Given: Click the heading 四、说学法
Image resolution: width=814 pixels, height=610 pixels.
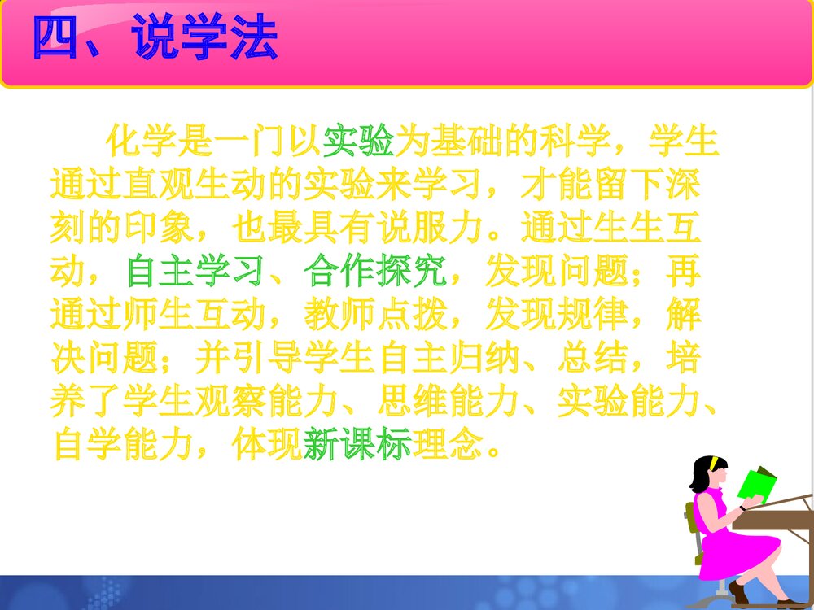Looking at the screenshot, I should click(155, 38).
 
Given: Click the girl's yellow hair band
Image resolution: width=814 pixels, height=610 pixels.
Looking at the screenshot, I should click(713, 461).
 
